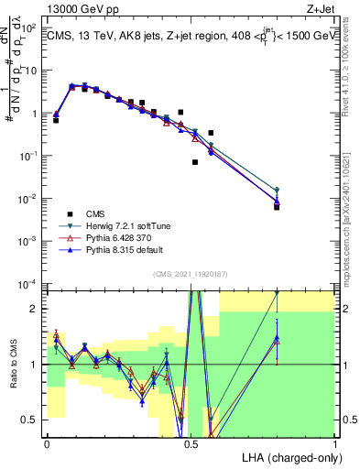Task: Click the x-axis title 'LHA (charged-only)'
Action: (287, 456)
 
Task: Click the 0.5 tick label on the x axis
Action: (191, 443)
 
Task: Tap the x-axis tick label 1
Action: (334, 443)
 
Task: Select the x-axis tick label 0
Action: (47, 443)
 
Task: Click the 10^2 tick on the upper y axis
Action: (30, 27)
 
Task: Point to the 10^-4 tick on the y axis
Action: (30, 283)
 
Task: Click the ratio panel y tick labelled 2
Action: (38, 309)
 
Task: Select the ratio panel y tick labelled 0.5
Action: (34, 420)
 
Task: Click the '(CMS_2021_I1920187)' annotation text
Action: (190, 272)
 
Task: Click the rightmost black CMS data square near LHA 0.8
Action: (277, 207)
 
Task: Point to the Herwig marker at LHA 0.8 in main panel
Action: (277, 191)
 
